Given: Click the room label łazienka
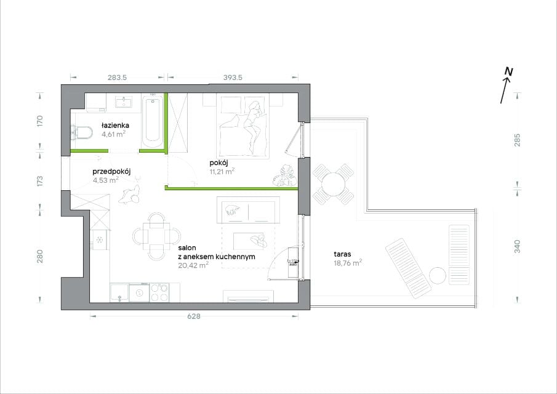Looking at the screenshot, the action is click(x=114, y=125).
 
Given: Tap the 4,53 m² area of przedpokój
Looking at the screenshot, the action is click(x=106, y=180).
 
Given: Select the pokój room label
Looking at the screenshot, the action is click(x=218, y=163).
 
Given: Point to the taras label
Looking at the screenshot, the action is click(x=342, y=254).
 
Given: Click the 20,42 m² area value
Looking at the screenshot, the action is click(x=193, y=265).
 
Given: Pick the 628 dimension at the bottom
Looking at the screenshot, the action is click(x=194, y=316).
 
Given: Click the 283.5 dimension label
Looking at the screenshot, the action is click(x=117, y=77).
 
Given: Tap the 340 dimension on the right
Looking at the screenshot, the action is click(x=517, y=247).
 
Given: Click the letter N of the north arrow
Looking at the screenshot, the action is click(x=509, y=71).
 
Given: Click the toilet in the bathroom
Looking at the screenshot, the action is click(x=81, y=133).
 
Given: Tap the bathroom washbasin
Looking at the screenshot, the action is click(x=124, y=102).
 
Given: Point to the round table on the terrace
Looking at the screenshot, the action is click(x=333, y=183).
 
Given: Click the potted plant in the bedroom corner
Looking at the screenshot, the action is click(x=284, y=175).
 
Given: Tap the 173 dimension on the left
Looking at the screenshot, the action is click(x=40, y=181).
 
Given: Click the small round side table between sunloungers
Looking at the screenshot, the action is click(x=438, y=275).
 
